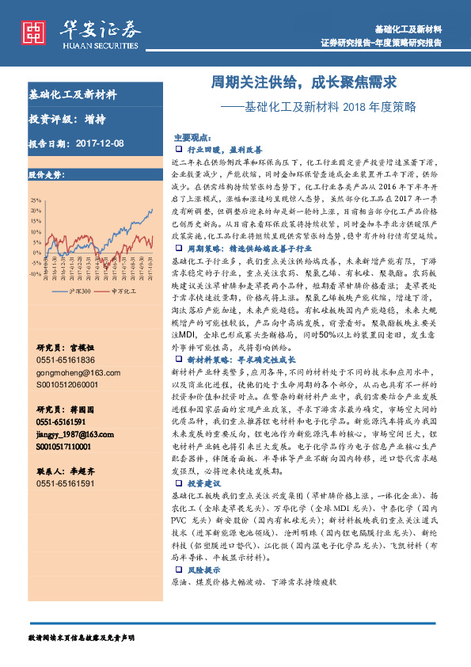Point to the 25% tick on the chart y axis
[36, 200]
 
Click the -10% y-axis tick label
[35, 273]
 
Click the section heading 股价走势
[44, 173]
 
